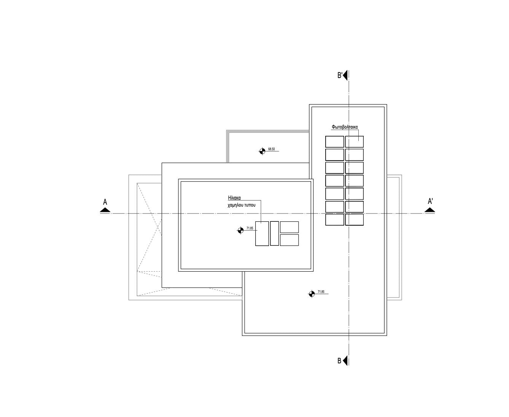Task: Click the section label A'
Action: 430,201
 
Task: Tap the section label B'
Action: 340,76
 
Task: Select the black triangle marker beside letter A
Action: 105,210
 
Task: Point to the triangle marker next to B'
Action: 345,75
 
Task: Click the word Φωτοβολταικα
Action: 345,127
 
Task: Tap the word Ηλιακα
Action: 234,198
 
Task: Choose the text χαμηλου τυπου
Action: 242,205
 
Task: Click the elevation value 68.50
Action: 272,149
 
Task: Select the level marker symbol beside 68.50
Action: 262,151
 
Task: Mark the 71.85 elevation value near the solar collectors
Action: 250,228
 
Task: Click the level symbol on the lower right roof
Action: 312,294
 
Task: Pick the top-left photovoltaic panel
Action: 334,142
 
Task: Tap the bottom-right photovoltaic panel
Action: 354,220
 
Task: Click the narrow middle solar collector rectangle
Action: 274,234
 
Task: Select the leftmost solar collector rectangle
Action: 262,234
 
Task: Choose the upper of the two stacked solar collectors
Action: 289,227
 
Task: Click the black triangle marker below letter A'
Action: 430,210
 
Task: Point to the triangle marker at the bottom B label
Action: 345,360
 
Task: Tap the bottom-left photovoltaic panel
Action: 334,220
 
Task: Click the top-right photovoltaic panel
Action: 354,142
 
